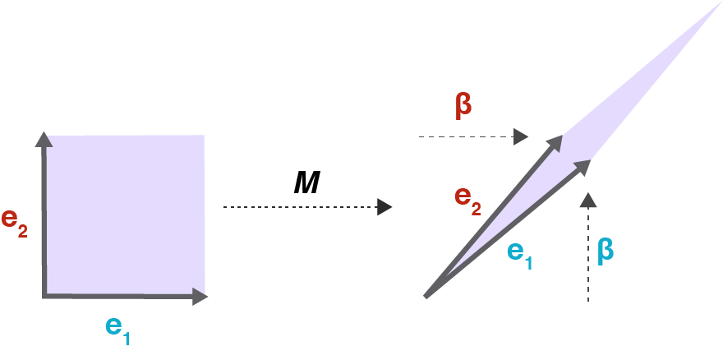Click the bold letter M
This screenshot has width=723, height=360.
(306, 182)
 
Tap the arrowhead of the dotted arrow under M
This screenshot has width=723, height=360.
(385, 207)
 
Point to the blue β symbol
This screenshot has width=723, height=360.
(606, 252)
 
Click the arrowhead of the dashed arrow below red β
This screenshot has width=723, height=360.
(521, 136)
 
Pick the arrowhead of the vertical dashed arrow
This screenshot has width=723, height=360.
(588, 200)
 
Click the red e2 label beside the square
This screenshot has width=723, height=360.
(14, 223)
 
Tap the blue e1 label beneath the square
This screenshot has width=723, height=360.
(118, 330)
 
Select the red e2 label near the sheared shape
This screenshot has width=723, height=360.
(468, 201)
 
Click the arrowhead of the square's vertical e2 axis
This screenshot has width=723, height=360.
(44, 140)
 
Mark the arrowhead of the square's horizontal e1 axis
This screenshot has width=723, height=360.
(200, 297)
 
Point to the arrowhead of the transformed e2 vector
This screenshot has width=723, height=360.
(555, 142)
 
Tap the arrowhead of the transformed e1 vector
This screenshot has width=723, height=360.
(583, 166)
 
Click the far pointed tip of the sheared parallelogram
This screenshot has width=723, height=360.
(721, 2)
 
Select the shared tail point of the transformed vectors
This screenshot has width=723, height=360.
(426, 297)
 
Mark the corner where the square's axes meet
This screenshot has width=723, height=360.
(44, 296)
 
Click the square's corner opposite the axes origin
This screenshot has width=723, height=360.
(204, 136)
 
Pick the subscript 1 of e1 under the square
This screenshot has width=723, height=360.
(126, 339)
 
